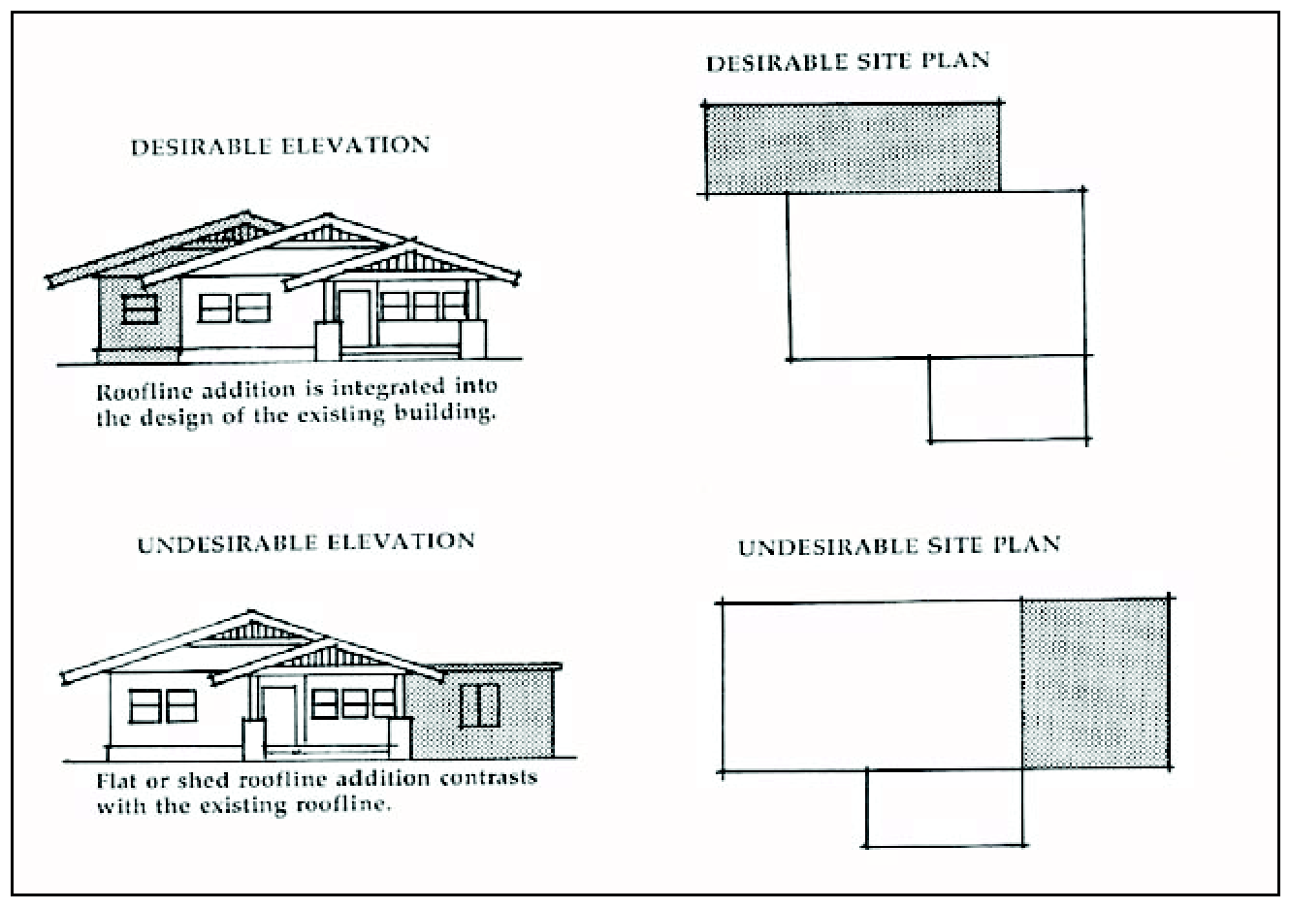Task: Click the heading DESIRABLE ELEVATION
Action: click(x=280, y=146)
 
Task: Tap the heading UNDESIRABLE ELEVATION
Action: click(x=306, y=542)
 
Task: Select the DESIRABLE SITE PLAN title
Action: click(x=848, y=62)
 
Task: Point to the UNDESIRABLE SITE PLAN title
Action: click(x=899, y=546)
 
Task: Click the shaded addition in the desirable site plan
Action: click(x=852, y=148)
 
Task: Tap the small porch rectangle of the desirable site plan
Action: click(x=1007, y=399)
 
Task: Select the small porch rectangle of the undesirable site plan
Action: click(x=944, y=808)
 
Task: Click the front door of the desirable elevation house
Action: click(x=354, y=312)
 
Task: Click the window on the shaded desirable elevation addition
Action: click(x=141, y=309)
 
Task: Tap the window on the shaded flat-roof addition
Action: click(x=479, y=705)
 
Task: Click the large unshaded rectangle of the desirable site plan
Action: click(x=936, y=275)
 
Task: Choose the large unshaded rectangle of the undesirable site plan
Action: click(x=870, y=686)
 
